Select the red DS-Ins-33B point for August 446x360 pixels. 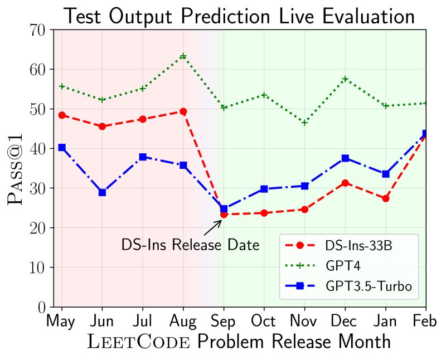[183, 111]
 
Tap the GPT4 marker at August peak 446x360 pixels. [183, 56]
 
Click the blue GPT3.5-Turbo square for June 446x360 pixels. [102, 192]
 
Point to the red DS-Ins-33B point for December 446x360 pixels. [345, 183]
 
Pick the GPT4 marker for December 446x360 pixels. [345, 79]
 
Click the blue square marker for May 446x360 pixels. [62, 148]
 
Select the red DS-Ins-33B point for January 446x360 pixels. [386, 198]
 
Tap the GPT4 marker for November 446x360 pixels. [304, 123]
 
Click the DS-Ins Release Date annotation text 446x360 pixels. [190, 245]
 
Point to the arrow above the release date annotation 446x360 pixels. [212, 227]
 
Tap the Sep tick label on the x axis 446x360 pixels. [224, 322]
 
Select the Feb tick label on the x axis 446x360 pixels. [425, 322]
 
